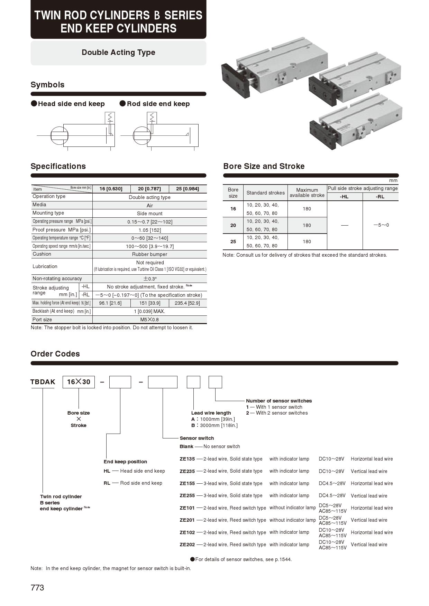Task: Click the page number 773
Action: click(x=37, y=588)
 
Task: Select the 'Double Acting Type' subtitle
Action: click(x=118, y=53)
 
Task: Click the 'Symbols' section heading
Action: click(x=47, y=85)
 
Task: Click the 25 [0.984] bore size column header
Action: click(x=188, y=189)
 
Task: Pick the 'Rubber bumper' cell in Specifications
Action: click(x=149, y=254)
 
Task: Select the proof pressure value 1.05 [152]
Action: click(x=149, y=230)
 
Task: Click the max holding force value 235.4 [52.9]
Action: click(x=187, y=303)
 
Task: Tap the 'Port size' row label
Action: click(x=42, y=320)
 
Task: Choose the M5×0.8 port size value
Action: click(x=149, y=320)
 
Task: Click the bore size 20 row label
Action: click(x=233, y=225)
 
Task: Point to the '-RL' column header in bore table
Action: click(x=380, y=197)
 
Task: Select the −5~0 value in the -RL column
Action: click(x=381, y=225)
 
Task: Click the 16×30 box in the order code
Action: click(x=79, y=382)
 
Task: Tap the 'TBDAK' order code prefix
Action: click(x=43, y=382)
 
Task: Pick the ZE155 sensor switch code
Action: click(x=187, y=483)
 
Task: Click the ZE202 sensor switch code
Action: click(x=187, y=545)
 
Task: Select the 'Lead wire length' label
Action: click(x=211, y=413)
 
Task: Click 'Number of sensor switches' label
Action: click(x=279, y=401)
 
